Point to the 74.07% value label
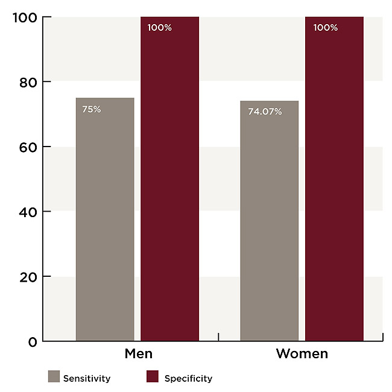pos(265,111)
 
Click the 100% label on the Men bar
pos(159,28)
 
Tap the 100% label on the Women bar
pos(325,28)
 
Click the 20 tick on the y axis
pos(28,277)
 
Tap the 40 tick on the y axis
pos(28,212)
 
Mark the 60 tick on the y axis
pos(28,147)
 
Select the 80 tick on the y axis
pos(28,81)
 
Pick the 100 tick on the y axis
pos(25,17)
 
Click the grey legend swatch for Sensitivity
pos(54,378)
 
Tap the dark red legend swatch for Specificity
pos(153,378)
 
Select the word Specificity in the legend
pos(188,379)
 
